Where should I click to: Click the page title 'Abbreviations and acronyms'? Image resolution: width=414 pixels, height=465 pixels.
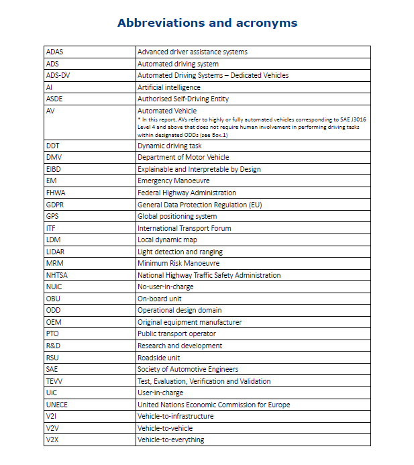207,23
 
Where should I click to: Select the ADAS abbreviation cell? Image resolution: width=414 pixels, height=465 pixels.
55,52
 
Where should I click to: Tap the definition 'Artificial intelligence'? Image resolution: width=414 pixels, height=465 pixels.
168,87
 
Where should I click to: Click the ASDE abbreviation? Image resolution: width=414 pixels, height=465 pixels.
55,99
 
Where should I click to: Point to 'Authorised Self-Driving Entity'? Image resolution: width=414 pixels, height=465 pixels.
183,99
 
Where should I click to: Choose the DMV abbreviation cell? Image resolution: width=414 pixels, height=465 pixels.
54,158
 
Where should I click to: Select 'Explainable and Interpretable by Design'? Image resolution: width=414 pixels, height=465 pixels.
199,169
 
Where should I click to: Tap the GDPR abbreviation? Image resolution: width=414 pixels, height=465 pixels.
55,205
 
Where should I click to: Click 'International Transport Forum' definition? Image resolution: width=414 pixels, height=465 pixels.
184,228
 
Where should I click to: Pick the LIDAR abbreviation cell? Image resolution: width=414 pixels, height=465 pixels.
55,252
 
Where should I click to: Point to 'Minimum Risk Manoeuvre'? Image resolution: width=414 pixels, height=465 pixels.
178,263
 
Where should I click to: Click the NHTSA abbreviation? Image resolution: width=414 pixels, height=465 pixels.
56,275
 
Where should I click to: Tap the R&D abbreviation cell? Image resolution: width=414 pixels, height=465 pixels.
54,346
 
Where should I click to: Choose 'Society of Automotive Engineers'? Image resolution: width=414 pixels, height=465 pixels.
188,369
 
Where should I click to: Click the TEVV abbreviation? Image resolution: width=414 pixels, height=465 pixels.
54,381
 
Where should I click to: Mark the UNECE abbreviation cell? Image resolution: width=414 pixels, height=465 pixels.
57,405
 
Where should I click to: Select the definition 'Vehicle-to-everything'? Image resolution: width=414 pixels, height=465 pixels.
170,440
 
